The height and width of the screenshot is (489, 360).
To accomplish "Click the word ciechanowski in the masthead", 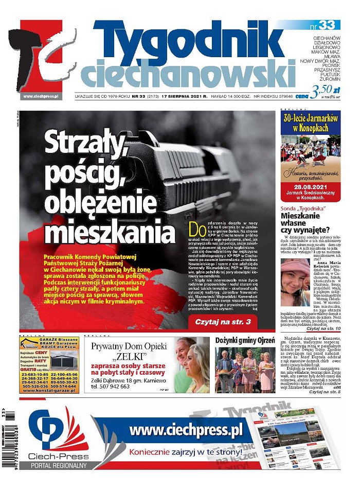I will (188, 76).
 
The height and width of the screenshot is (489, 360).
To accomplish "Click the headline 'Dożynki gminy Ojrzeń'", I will (244, 340).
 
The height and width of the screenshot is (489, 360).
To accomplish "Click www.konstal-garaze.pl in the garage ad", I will (49, 391).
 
